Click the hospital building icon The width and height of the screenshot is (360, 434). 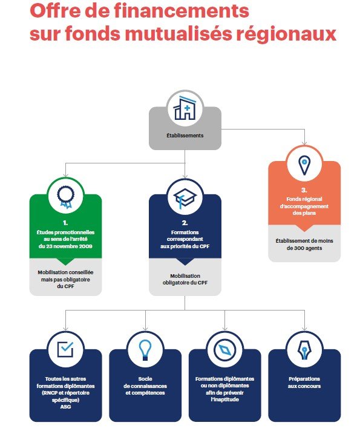point(185,108)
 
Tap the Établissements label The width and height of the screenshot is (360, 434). point(185,136)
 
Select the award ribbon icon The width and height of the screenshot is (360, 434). point(65,197)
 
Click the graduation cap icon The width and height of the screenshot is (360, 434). point(185,197)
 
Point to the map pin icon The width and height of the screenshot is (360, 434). point(304,165)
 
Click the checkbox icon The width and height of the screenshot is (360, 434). point(65,349)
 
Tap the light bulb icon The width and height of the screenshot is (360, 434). point(145,350)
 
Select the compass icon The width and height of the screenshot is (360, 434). point(224,350)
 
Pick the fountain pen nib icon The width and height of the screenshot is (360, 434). point(304,350)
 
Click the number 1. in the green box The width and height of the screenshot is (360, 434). point(65,223)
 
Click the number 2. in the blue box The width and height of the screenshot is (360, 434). point(185,223)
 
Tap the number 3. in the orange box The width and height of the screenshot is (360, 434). point(304,190)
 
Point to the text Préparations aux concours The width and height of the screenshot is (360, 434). point(304,383)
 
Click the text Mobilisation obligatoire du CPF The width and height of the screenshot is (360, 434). point(185,279)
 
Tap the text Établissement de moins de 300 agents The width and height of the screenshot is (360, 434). point(304,245)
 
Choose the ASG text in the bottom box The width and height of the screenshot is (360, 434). point(65,407)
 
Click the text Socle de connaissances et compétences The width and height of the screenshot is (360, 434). point(145,386)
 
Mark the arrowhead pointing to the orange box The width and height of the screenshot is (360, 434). point(304,143)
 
